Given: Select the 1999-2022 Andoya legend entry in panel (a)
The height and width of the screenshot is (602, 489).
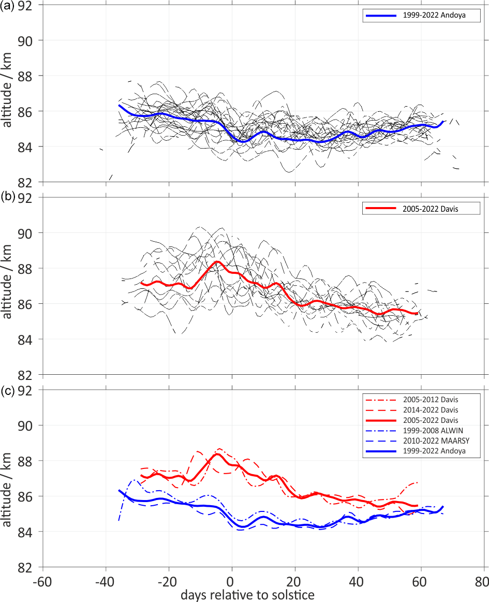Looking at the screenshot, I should [x=419, y=16].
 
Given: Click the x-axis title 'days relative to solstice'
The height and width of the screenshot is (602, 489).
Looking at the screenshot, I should [x=247, y=595].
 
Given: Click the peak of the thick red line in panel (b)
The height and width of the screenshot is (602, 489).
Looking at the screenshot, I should [x=217, y=261].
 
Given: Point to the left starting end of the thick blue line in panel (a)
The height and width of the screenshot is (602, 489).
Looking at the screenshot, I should [x=120, y=105].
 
